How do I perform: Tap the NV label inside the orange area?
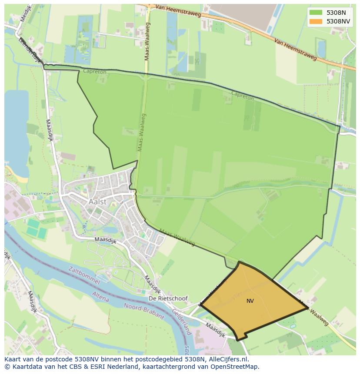coord(250,301)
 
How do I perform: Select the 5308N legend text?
coord(336,13)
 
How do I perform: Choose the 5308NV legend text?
coord(338,21)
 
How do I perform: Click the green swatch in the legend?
coord(316,13)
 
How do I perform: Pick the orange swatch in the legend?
coord(316,21)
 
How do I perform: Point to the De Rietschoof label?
coord(168,299)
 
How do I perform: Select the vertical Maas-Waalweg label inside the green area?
coord(142,132)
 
